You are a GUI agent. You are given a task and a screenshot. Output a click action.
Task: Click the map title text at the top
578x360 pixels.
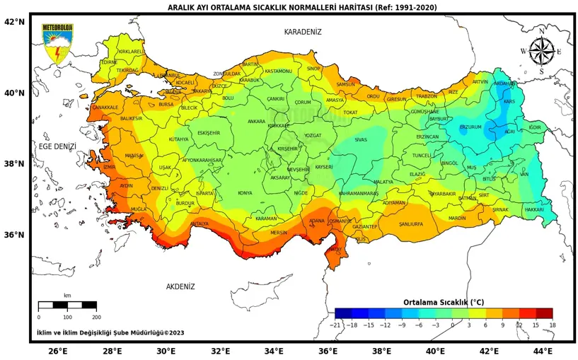[x=302, y=8]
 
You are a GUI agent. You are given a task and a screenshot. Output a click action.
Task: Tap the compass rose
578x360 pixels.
[x=541, y=51]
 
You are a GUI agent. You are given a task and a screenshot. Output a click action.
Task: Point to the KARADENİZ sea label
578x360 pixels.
[x=303, y=32]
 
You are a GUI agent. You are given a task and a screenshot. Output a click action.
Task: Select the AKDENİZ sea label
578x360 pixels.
[x=180, y=286]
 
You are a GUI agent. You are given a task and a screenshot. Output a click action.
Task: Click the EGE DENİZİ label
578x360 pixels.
[x=57, y=146]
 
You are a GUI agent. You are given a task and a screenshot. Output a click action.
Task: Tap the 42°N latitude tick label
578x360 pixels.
[x=14, y=22]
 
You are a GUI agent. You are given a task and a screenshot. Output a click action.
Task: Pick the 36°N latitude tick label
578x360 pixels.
[x=14, y=235]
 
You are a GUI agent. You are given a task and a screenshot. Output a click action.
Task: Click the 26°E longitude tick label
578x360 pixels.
[x=58, y=351]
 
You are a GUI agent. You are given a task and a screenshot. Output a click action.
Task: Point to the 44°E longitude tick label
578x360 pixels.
[x=543, y=351]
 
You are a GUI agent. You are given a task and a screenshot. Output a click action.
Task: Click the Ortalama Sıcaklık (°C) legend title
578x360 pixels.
[x=444, y=302]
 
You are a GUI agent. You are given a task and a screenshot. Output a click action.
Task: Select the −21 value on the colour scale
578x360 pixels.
[x=336, y=325]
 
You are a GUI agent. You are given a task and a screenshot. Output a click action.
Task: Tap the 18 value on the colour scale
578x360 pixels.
[x=552, y=325]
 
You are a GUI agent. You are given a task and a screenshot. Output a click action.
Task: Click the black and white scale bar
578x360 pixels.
[x=67, y=306]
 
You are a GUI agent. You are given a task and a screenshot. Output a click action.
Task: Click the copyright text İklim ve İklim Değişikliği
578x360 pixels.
[x=110, y=332]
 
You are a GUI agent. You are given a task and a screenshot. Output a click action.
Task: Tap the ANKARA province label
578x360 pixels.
[x=256, y=122]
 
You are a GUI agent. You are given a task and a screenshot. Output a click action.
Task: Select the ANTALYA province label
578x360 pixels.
[x=200, y=223]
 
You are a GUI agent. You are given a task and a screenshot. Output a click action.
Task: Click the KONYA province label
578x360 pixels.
[x=245, y=193]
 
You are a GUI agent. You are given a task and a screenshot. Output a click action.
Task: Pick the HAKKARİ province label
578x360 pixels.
[x=534, y=210]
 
